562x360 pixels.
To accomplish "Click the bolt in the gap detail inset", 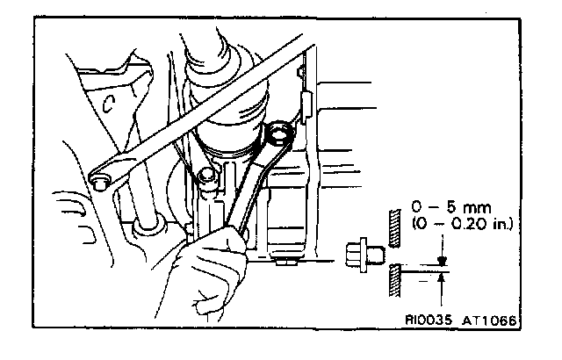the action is pyautogui.click(x=361, y=254).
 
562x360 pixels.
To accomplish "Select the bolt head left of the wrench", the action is pyautogui.click(x=207, y=178).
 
